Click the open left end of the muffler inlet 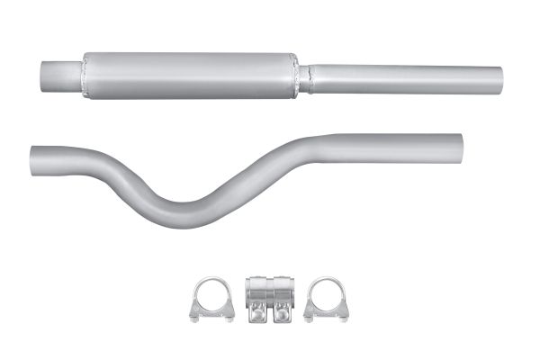click(46, 76)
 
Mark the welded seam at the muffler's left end click(83, 75)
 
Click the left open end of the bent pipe click(33, 156)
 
